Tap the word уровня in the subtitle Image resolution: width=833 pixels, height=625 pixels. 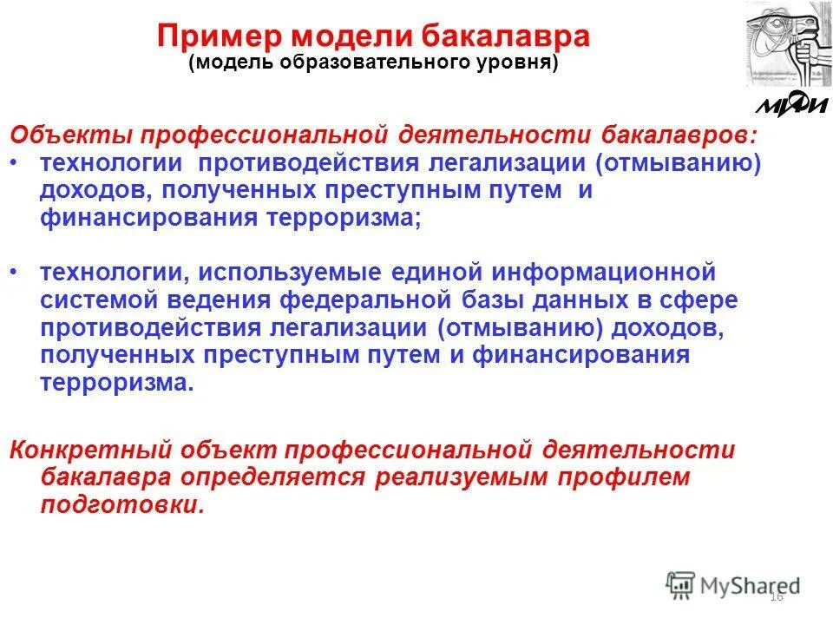[x=512, y=64]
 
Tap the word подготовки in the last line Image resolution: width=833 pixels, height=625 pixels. [x=122, y=505]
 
